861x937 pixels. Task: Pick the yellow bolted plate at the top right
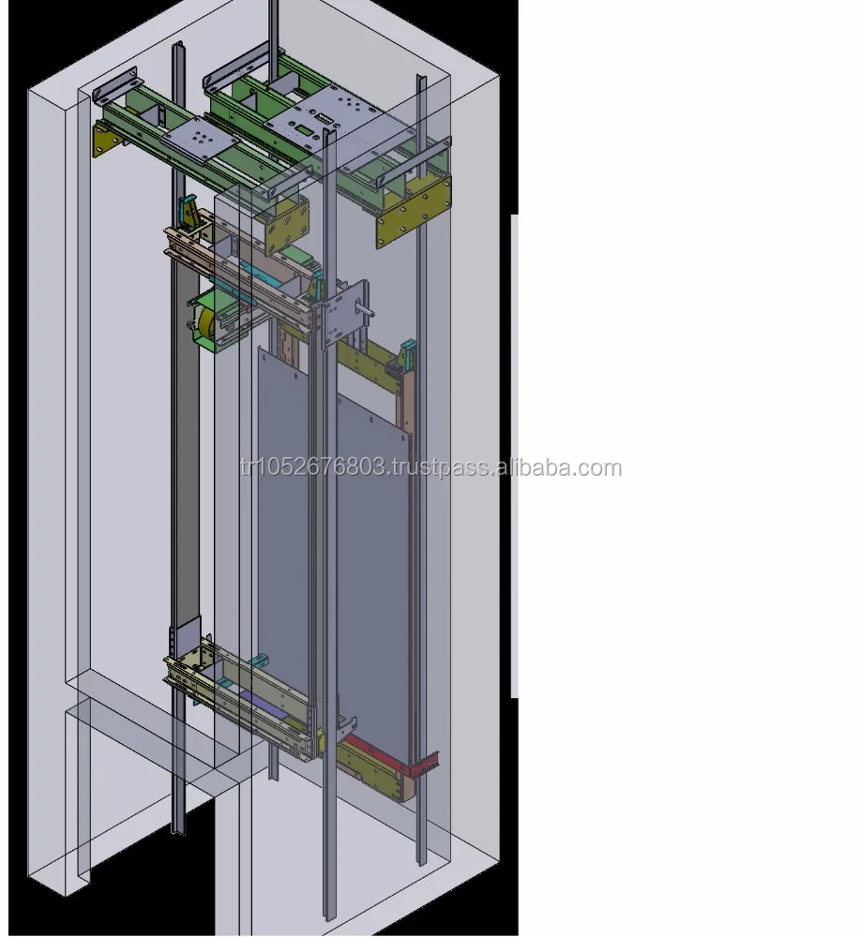click(x=412, y=213)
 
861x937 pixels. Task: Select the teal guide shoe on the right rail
click(x=408, y=354)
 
